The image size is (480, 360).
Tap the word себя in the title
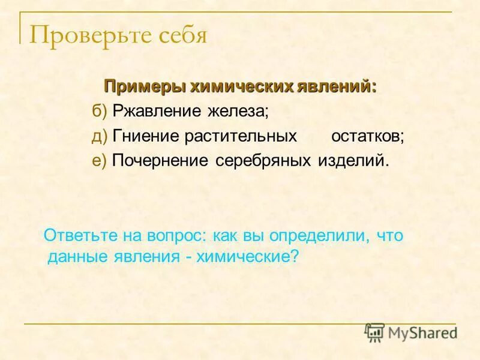point(183,36)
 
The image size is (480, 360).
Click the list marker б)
point(100,111)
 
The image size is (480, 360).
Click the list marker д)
point(100,136)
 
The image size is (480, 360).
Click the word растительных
point(241,136)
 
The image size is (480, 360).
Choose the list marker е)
point(100,161)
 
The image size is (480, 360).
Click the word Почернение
point(160,161)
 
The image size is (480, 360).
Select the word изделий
point(353,161)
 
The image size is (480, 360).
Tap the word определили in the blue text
point(323,235)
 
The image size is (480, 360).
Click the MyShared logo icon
point(375,332)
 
